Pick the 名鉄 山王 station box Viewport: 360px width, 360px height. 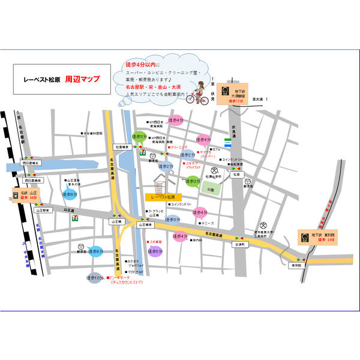[x=25, y=194]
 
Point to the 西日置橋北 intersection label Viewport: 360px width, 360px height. [x=30, y=163]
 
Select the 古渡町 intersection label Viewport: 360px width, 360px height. [x=240, y=245]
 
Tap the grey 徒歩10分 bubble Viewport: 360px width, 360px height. [x=95, y=277]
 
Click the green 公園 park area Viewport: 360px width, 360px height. [x=209, y=189]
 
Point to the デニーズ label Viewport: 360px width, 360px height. [x=192, y=222]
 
